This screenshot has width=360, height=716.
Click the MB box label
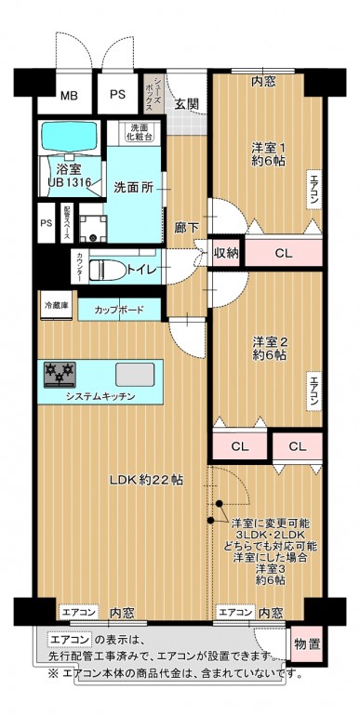(x=70, y=95)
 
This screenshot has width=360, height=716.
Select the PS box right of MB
(x=117, y=95)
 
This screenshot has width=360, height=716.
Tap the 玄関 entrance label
(x=186, y=102)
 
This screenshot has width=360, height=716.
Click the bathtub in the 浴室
(x=70, y=137)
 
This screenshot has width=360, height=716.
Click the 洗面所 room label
(x=135, y=186)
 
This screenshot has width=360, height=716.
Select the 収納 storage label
(x=225, y=251)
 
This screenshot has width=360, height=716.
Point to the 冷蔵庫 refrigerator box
(x=56, y=305)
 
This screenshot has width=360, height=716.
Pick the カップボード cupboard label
(x=118, y=310)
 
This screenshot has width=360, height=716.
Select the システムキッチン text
(x=100, y=397)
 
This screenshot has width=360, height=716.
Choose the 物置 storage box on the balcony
(x=308, y=643)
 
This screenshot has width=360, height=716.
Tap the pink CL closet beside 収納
(x=284, y=251)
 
